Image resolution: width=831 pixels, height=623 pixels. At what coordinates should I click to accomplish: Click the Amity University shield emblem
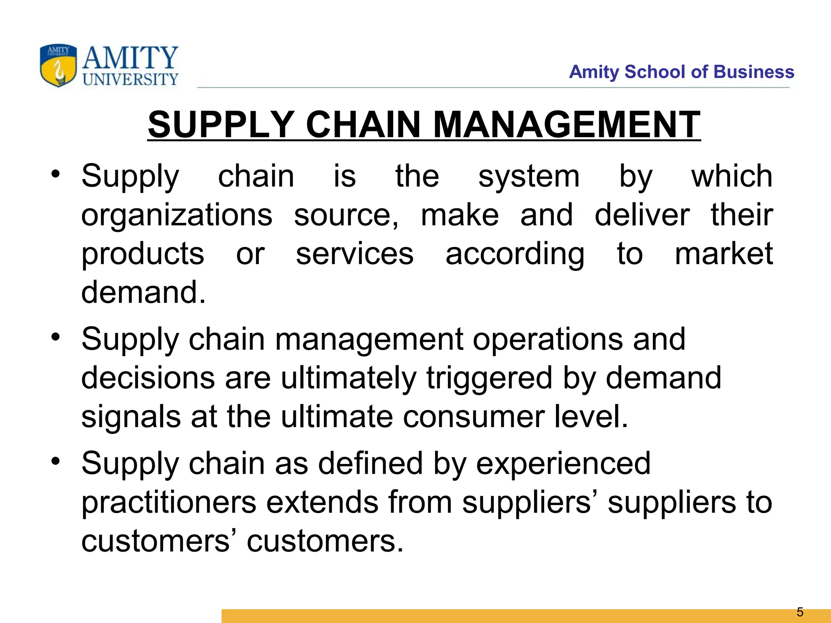click(58, 65)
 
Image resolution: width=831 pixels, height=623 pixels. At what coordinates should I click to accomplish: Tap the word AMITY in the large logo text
click(130, 58)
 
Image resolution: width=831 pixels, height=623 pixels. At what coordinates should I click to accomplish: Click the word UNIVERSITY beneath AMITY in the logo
click(130, 79)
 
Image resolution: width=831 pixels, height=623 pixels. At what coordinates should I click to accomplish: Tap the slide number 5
click(800, 612)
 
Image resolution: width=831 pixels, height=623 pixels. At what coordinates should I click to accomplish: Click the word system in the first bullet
click(529, 177)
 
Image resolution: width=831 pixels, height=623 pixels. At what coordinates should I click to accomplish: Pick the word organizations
click(177, 215)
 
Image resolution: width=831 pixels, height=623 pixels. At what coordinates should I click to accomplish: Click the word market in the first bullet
click(724, 253)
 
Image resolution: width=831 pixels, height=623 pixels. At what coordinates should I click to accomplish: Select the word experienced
click(563, 464)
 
